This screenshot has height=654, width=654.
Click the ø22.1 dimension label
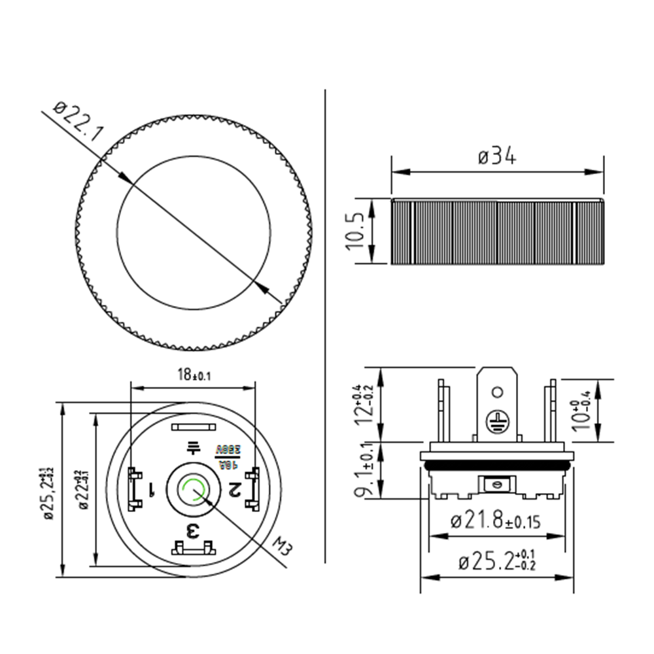click(x=77, y=126)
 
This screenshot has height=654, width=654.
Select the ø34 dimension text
click(x=497, y=157)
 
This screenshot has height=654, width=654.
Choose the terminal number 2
click(x=233, y=489)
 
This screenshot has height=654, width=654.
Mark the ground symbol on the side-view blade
click(x=497, y=421)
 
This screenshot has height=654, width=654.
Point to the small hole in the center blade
click(x=497, y=392)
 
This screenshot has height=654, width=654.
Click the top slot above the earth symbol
click(x=193, y=428)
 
